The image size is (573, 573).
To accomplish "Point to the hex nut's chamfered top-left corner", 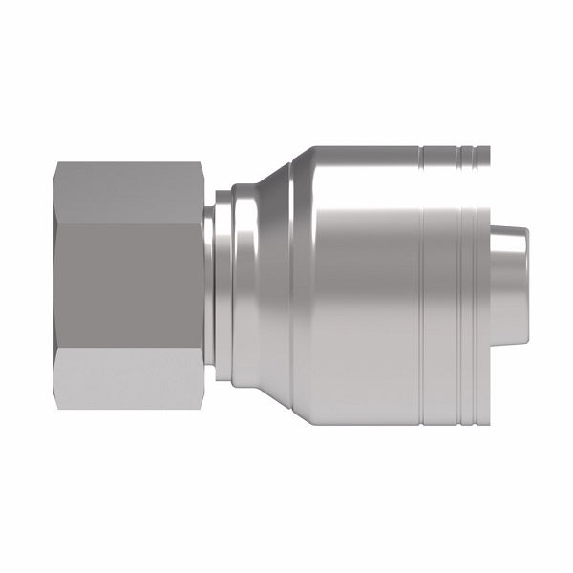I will click(x=58, y=166).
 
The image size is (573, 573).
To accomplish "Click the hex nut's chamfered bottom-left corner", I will click(x=58, y=406).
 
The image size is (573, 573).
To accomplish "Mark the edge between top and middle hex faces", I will click(x=129, y=224).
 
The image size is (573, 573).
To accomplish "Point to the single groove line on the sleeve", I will click(x=421, y=286).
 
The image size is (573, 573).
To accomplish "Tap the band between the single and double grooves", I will click(x=440, y=286).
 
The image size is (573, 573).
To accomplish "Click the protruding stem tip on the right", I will click(x=511, y=286).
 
